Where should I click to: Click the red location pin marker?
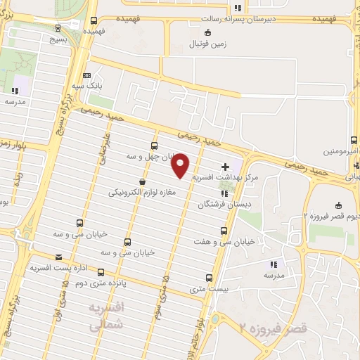(x=181, y=165)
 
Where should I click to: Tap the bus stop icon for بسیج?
(x=58, y=28)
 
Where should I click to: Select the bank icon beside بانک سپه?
(x=86, y=75)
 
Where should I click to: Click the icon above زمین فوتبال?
(x=207, y=33)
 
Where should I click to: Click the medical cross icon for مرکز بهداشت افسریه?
(x=225, y=167)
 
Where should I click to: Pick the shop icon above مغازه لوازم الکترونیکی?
(x=142, y=181)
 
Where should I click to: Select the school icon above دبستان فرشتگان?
(x=224, y=193)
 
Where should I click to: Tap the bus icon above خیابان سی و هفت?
(x=224, y=231)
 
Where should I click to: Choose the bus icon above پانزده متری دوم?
(x=101, y=272)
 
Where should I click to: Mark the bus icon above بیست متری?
(x=208, y=278)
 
